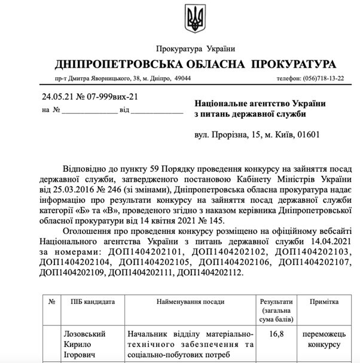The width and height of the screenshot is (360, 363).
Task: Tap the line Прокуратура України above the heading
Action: [x=195, y=48]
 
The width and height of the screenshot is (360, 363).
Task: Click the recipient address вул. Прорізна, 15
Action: [x=236, y=135]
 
